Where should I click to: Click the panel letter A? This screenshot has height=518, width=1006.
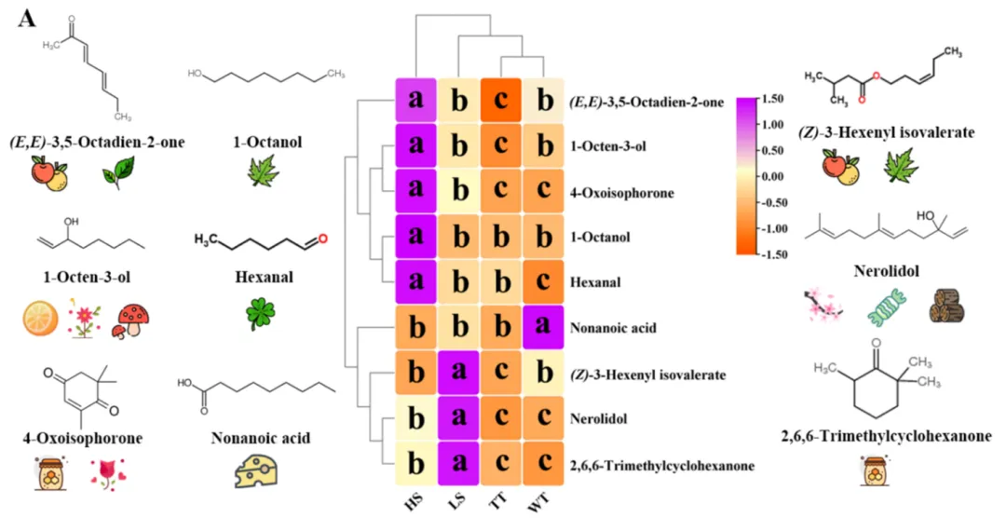pyautogui.click(x=25, y=20)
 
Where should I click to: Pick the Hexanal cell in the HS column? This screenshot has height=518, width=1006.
pyautogui.click(x=415, y=282)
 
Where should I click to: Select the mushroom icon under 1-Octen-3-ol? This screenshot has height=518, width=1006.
pyautogui.click(x=131, y=320)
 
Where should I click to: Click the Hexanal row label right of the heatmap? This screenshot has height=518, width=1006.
pyautogui.click(x=591, y=282)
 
